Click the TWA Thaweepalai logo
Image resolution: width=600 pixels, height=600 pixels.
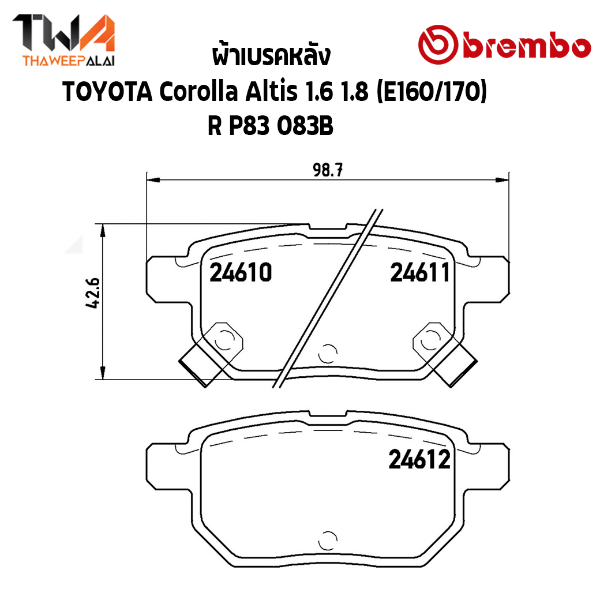[63, 40]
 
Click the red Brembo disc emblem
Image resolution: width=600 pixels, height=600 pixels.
[438, 44]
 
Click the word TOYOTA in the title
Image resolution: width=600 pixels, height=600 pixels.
[107, 92]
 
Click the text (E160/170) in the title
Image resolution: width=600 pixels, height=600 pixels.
[432, 92]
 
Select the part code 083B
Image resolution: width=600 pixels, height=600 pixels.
[305, 126]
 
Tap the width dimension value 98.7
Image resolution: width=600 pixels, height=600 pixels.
[328, 170]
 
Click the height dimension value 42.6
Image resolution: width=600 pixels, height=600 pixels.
[93, 293]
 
